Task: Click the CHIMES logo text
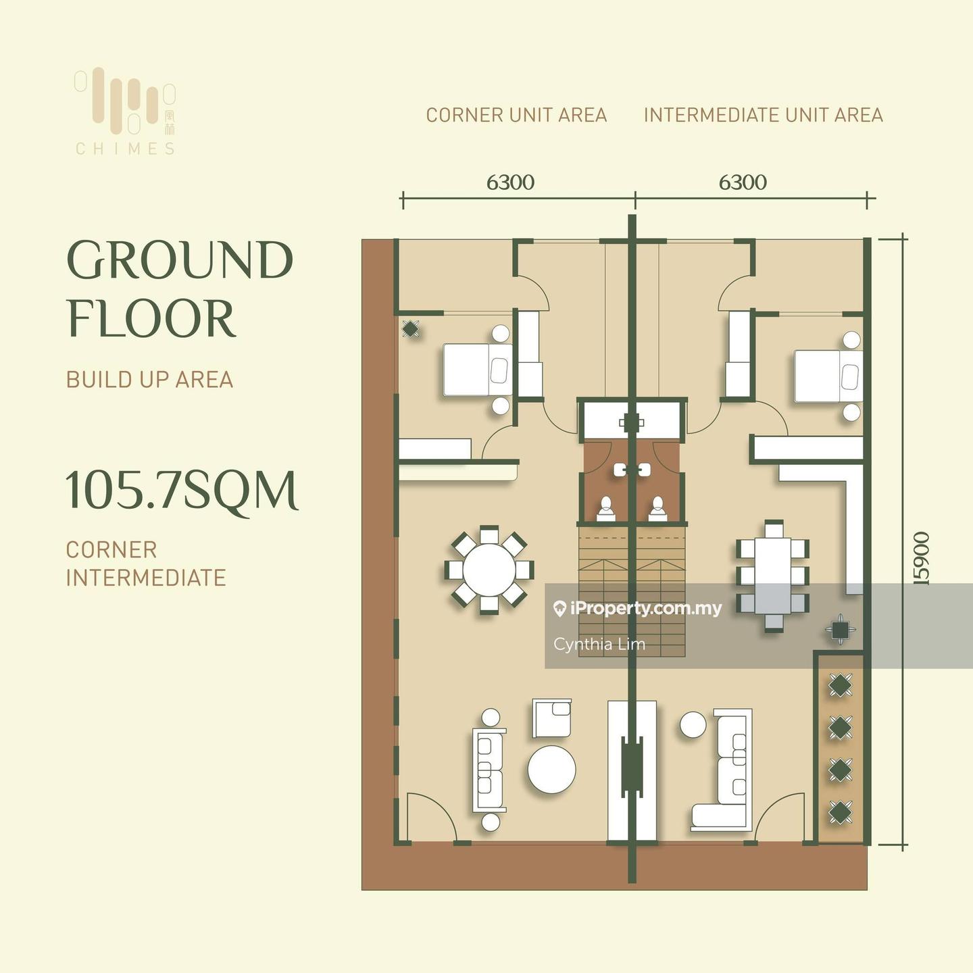(x=125, y=149)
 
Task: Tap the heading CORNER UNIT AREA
(x=516, y=115)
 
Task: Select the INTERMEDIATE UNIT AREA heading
(x=764, y=115)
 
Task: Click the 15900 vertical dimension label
(x=922, y=558)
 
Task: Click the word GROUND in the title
(x=180, y=260)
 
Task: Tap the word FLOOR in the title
(x=151, y=319)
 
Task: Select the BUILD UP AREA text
(x=149, y=380)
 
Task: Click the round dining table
(x=489, y=570)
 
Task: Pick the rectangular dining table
(x=772, y=576)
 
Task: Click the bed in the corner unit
(x=478, y=370)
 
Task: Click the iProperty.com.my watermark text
(x=639, y=609)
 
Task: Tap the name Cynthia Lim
(x=599, y=645)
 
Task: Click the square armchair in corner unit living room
(x=552, y=718)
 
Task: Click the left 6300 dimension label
(x=510, y=182)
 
